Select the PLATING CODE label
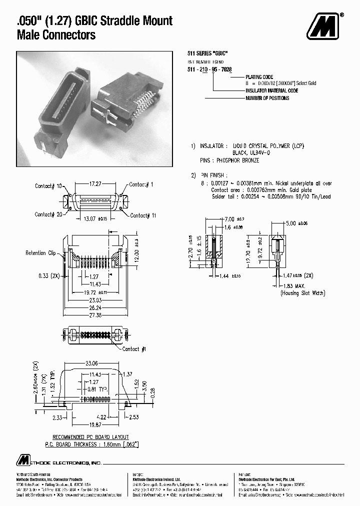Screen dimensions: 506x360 (x=259, y=77)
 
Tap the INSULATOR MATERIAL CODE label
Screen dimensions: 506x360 (x=271, y=90)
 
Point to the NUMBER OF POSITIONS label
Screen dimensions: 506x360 (x=267, y=98)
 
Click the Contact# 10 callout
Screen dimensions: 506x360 (x=48, y=186)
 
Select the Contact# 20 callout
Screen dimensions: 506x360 (x=48, y=214)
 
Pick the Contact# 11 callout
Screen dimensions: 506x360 (x=143, y=215)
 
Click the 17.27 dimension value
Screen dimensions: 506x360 (x=96, y=184)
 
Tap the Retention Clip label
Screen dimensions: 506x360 (x=40, y=253)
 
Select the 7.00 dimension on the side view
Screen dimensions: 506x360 (x=229, y=219)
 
